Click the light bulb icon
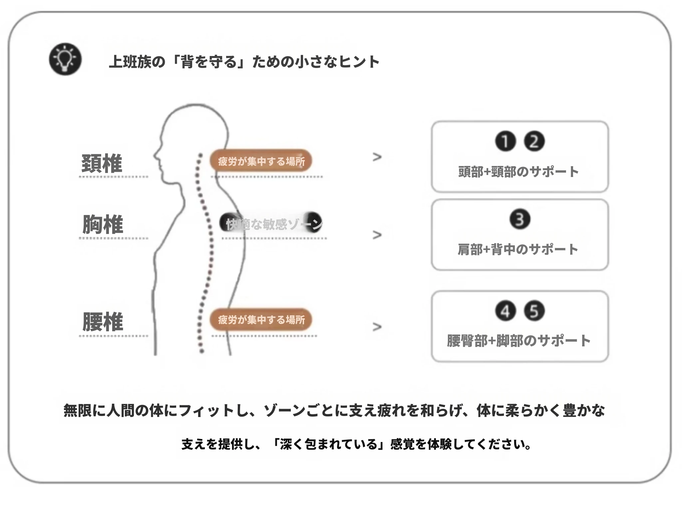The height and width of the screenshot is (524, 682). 65,59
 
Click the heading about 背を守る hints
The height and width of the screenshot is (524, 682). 244,62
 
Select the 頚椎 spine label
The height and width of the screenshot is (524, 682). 102,163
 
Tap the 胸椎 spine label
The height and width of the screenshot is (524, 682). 103,224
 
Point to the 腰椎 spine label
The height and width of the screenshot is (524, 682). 103,322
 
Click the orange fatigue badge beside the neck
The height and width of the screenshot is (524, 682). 261,161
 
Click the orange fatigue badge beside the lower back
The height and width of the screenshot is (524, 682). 261,320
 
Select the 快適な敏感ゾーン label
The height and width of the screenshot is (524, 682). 271,224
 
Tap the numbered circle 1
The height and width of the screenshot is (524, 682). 505,141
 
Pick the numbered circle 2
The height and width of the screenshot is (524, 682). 534,141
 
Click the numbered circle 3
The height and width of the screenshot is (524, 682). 520,219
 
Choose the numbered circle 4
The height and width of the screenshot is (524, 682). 505,311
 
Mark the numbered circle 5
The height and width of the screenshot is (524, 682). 534,311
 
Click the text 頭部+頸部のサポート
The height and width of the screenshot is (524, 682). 518,172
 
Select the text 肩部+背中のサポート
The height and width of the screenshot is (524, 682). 518,249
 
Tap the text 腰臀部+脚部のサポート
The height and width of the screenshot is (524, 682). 518,341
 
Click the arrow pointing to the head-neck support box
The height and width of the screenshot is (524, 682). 377,157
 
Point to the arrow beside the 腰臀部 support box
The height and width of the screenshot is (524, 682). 377,327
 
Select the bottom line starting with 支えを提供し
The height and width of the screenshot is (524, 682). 356,444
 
